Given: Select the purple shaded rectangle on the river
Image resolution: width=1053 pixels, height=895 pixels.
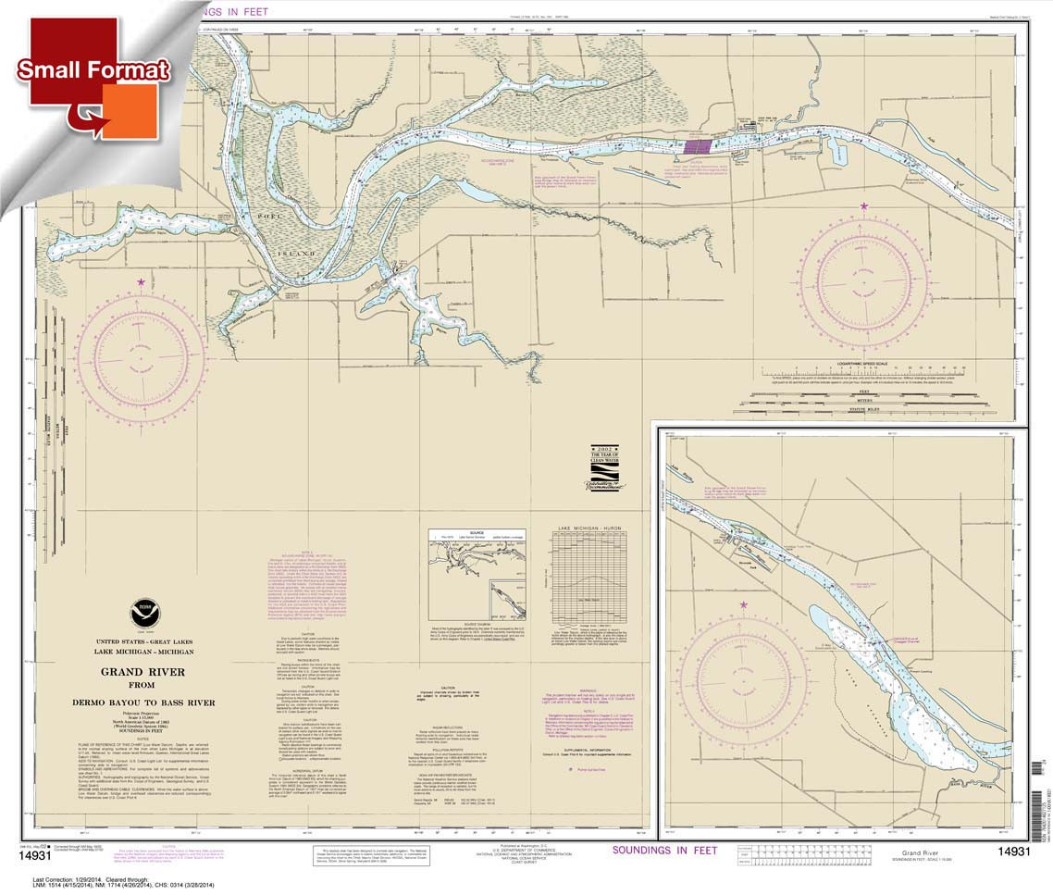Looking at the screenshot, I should (x=698, y=145).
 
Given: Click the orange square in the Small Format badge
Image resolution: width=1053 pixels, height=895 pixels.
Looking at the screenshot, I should (x=130, y=111).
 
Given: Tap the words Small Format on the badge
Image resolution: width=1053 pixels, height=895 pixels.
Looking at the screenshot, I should (x=93, y=70).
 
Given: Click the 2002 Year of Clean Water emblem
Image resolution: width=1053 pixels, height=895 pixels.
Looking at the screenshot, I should (x=603, y=468).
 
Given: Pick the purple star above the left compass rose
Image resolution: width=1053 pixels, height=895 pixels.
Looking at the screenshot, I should (x=142, y=281).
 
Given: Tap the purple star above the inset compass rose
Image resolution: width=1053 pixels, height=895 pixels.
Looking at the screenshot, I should (x=744, y=605).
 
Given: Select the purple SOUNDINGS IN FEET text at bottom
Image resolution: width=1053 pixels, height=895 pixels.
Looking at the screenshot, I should (x=663, y=850).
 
